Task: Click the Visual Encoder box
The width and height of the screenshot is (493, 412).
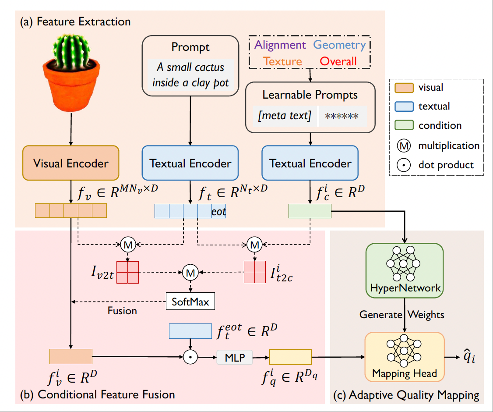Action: (x=71, y=164)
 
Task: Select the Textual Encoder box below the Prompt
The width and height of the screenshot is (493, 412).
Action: (x=190, y=164)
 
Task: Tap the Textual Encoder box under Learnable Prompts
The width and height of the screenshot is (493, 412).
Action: (x=310, y=164)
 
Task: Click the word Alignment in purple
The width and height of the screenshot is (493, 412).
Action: (x=280, y=45)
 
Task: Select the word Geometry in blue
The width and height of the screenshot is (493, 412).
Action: (x=340, y=45)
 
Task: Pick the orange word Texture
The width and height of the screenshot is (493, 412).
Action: (x=283, y=61)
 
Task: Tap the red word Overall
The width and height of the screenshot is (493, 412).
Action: (x=338, y=61)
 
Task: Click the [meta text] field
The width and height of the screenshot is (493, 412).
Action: (x=285, y=116)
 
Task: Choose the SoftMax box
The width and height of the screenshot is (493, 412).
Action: (x=190, y=302)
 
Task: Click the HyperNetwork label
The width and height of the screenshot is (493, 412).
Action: (x=405, y=288)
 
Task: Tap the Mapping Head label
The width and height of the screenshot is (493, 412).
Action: (x=405, y=373)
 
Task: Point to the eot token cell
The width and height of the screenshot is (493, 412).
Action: (x=219, y=211)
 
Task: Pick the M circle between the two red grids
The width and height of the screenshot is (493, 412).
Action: (x=190, y=273)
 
